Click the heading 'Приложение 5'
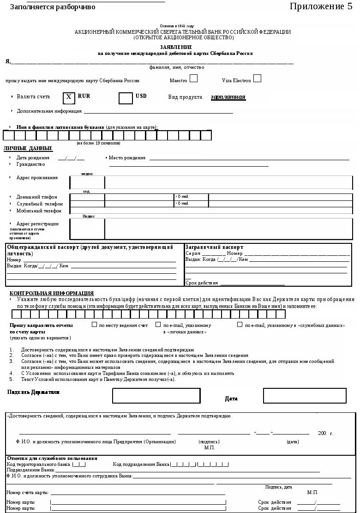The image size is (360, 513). pos(321,6)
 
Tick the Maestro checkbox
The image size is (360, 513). pos(193,78)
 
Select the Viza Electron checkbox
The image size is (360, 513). pos(257,78)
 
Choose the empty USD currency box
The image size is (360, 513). pos(126,98)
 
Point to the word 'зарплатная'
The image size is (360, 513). pos(228,97)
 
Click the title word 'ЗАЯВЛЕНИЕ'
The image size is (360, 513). pos(176,47)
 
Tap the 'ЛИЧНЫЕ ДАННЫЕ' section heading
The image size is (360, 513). pos(28,148)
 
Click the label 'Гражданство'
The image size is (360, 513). pos(30,164)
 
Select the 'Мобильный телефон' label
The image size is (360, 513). pos(39,211)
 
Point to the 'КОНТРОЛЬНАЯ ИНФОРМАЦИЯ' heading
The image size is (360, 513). pos(52,293)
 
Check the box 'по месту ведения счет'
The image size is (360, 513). pos(94,325)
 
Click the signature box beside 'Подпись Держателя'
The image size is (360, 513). pos(156,396)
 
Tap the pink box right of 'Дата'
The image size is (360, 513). pos(305,396)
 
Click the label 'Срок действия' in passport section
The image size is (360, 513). pos(202,283)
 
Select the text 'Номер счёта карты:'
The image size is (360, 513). pos(28,492)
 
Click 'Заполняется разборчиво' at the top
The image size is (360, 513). pos(53,7)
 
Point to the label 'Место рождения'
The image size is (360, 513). pos(127,158)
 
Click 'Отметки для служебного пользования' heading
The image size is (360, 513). pos(52,458)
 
